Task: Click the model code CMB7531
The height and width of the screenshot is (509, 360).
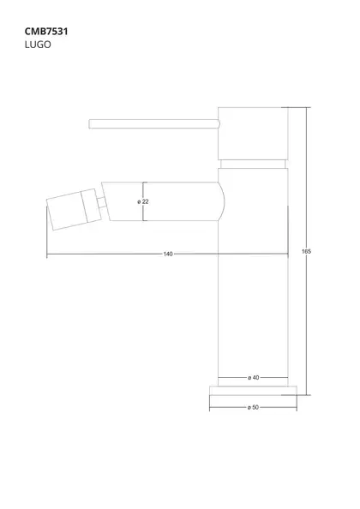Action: (46, 32)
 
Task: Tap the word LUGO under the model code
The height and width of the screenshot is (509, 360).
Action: (38, 45)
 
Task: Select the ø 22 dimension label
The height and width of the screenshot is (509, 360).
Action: (143, 201)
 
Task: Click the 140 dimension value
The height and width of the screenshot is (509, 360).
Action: (168, 254)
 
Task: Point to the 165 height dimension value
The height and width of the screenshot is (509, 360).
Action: (307, 251)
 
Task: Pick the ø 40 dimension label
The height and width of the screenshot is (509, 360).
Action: (254, 378)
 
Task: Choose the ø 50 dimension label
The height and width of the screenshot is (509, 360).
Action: (253, 407)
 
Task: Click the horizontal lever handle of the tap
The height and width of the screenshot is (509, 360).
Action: (154, 123)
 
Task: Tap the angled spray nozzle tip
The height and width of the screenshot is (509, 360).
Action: (74, 209)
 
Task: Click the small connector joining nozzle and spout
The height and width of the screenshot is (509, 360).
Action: (102, 202)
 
